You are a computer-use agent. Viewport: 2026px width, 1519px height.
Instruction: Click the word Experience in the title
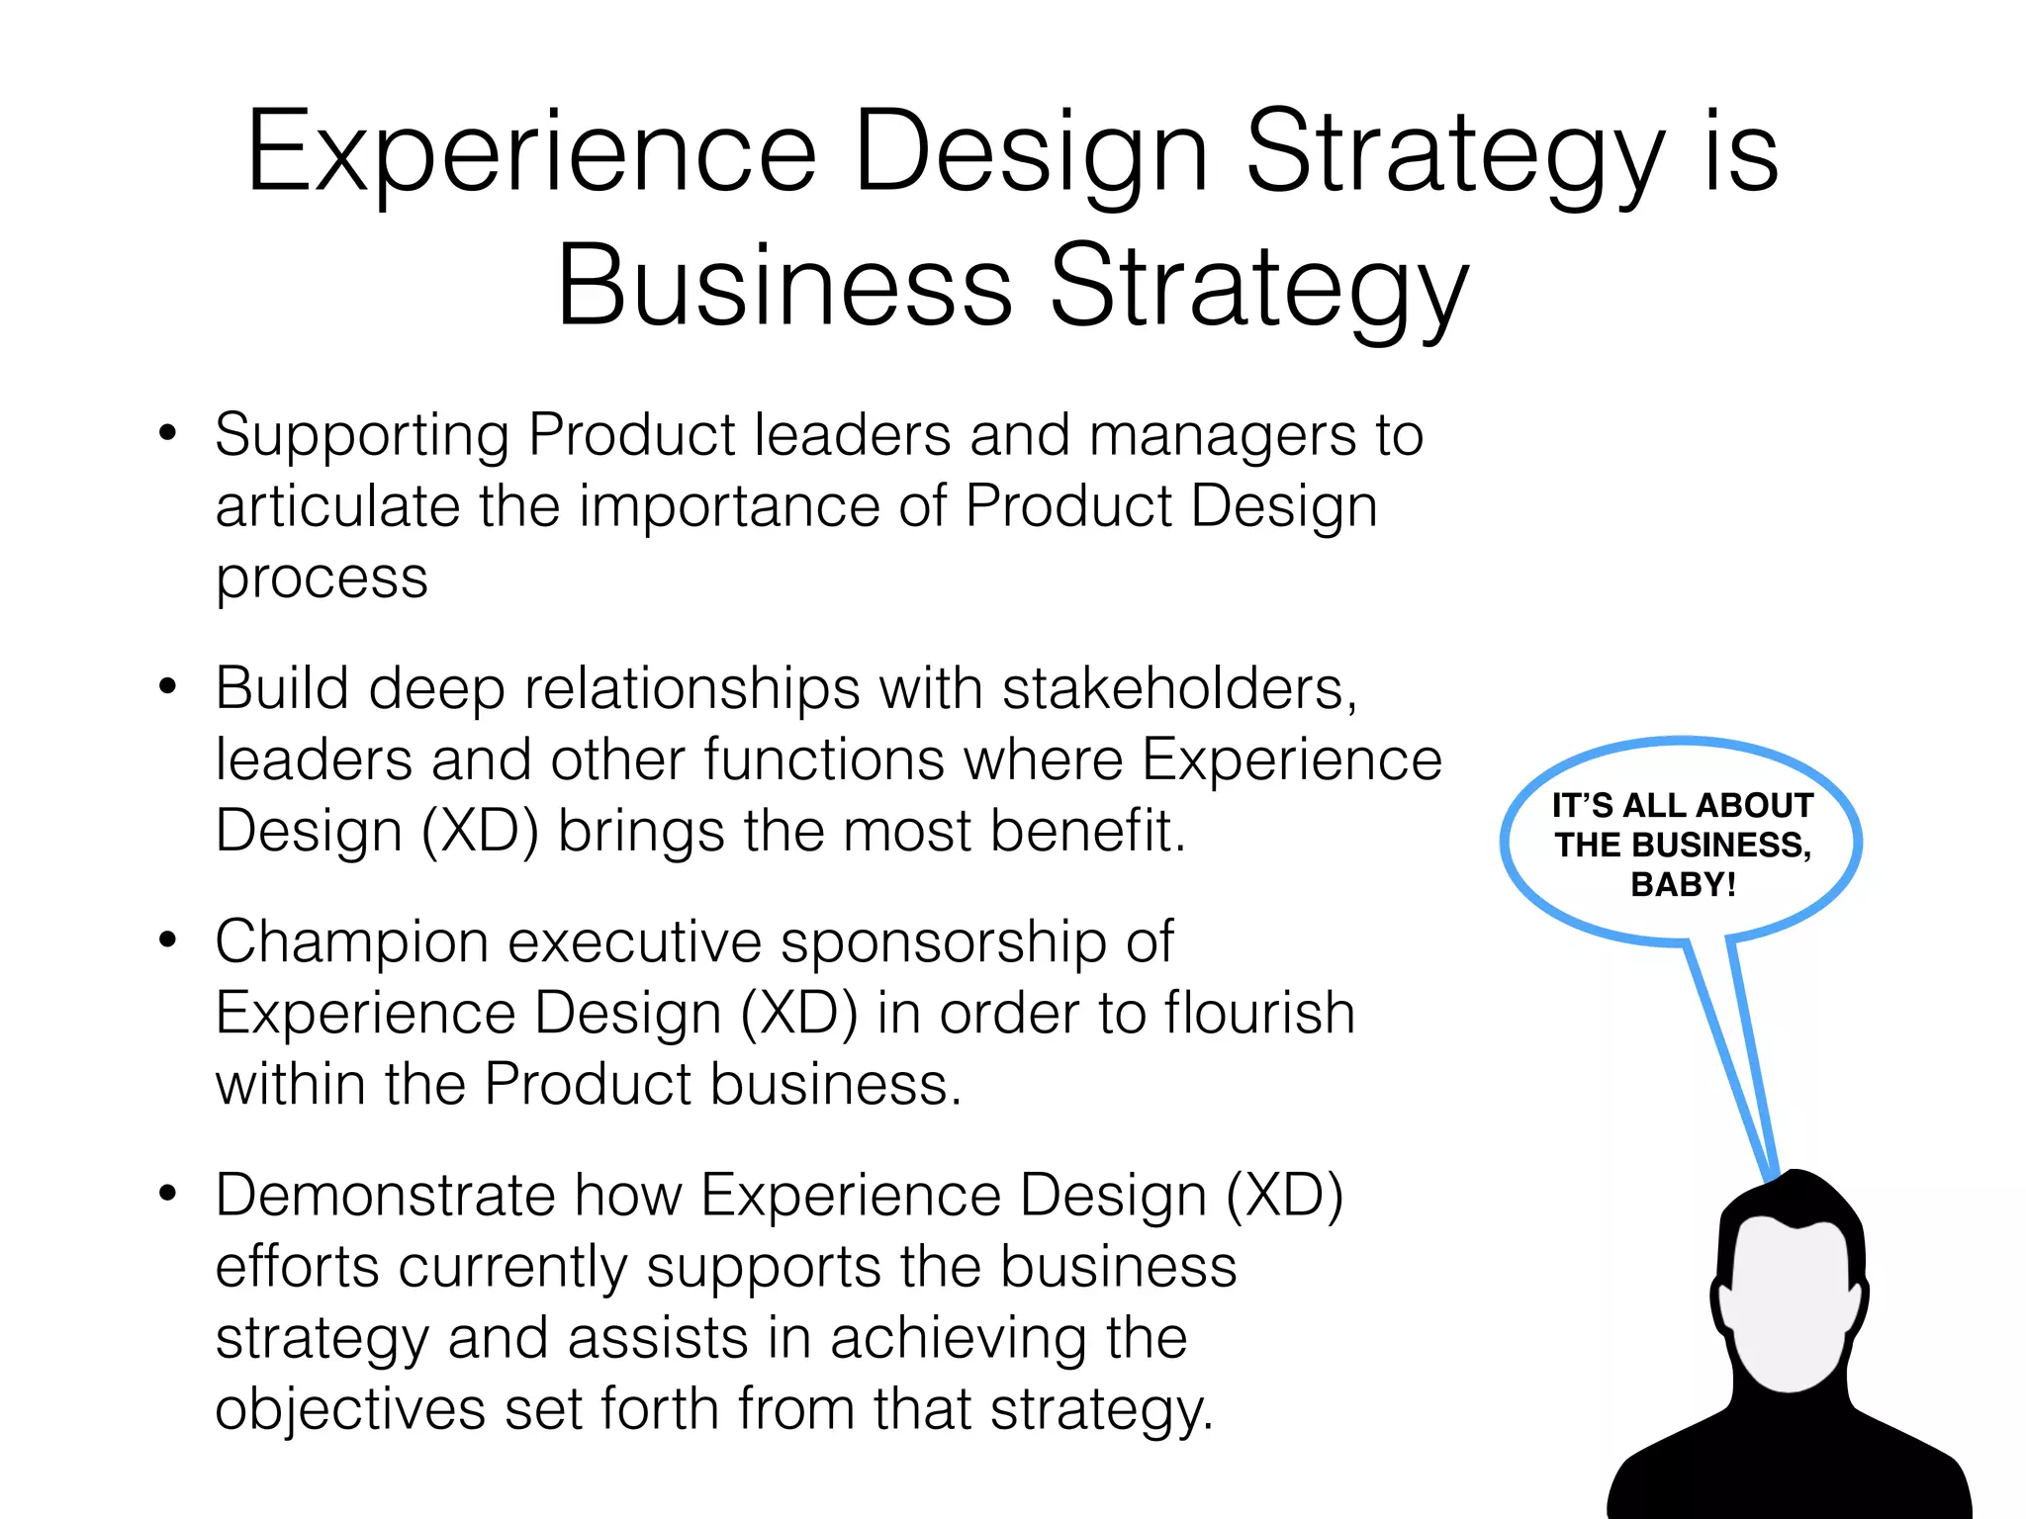pyautogui.click(x=531, y=153)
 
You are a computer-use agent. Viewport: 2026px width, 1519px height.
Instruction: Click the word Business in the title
pyautogui.click(x=784, y=287)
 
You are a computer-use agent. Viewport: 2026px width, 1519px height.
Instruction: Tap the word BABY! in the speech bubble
pyautogui.click(x=1683, y=884)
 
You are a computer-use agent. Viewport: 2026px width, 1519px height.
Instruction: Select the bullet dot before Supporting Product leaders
pyautogui.click(x=168, y=433)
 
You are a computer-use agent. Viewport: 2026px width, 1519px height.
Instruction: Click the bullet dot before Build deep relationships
pyautogui.click(x=168, y=686)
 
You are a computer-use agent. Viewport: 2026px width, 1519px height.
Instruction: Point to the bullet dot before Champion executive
pyautogui.click(x=168, y=939)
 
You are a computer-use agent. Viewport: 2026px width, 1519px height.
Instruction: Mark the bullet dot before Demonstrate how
pyautogui.click(x=168, y=1194)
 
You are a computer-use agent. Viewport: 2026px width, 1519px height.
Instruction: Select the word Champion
pyautogui.click(x=351, y=941)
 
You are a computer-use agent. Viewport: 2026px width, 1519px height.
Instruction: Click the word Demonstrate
pyautogui.click(x=385, y=1195)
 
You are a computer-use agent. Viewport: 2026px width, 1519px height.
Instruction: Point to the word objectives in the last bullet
pyautogui.click(x=349, y=1408)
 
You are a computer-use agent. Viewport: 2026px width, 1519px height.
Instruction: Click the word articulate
pyautogui.click(x=337, y=506)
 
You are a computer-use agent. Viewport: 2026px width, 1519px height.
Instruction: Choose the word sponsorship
pyautogui.click(x=943, y=941)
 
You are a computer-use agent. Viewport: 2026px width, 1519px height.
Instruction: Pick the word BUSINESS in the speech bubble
pyautogui.click(x=1720, y=846)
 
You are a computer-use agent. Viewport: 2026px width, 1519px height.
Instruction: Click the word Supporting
pyautogui.click(x=362, y=435)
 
